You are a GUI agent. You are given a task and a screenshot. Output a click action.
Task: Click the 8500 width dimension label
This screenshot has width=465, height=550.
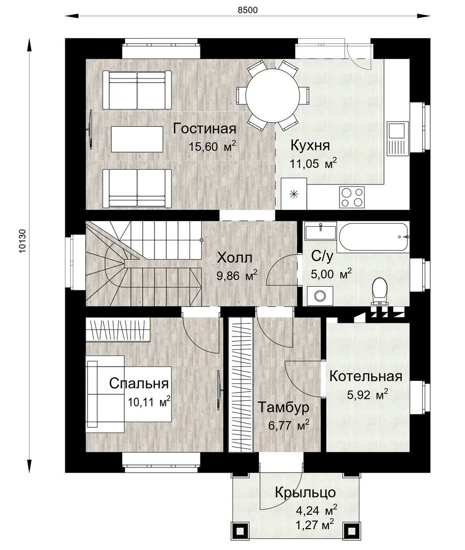[248, 10]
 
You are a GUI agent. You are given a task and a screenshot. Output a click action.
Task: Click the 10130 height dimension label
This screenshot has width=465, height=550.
[22, 241]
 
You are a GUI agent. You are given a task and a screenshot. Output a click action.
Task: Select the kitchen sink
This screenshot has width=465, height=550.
[398, 139]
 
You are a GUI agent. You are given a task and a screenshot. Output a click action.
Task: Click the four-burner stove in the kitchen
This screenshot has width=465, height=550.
[352, 197]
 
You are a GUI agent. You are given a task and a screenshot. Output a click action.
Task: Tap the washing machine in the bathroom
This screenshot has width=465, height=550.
[320, 296]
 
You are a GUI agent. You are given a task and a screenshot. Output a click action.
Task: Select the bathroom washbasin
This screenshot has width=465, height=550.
[320, 232]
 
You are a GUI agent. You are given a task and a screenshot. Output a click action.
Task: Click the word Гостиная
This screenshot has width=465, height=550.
[204, 129]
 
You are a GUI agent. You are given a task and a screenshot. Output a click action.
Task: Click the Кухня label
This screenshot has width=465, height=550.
[310, 145]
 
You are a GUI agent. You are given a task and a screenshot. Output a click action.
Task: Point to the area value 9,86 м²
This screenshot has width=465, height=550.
[237, 276]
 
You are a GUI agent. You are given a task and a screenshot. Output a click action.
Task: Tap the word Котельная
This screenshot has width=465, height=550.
[366, 376]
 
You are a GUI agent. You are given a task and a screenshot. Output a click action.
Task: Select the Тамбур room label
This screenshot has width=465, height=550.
[284, 407]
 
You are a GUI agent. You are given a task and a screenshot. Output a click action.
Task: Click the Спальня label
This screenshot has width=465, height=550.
[139, 383]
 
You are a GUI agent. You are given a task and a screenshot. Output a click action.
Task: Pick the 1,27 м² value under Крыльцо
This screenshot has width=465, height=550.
[315, 525]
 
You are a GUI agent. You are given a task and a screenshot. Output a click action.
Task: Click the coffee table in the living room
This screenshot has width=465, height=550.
[137, 139]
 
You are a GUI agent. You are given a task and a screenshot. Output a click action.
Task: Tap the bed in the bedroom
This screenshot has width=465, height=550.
[128, 394]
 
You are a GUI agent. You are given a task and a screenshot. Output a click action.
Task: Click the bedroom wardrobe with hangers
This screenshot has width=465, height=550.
[118, 329]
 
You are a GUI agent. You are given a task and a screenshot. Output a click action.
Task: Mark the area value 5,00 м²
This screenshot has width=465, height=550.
[331, 274]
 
